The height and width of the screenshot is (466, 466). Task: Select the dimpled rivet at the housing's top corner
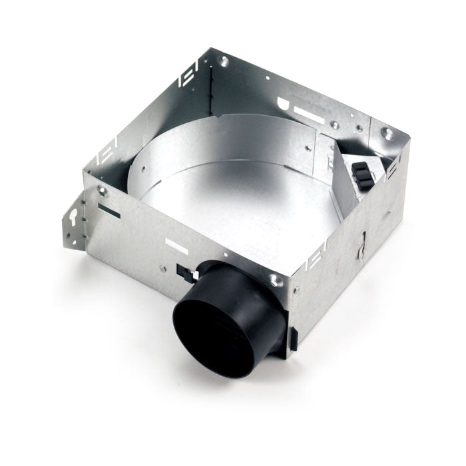[x=224, y=61]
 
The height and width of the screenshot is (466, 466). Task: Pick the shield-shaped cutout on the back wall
[x=285, y=104]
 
